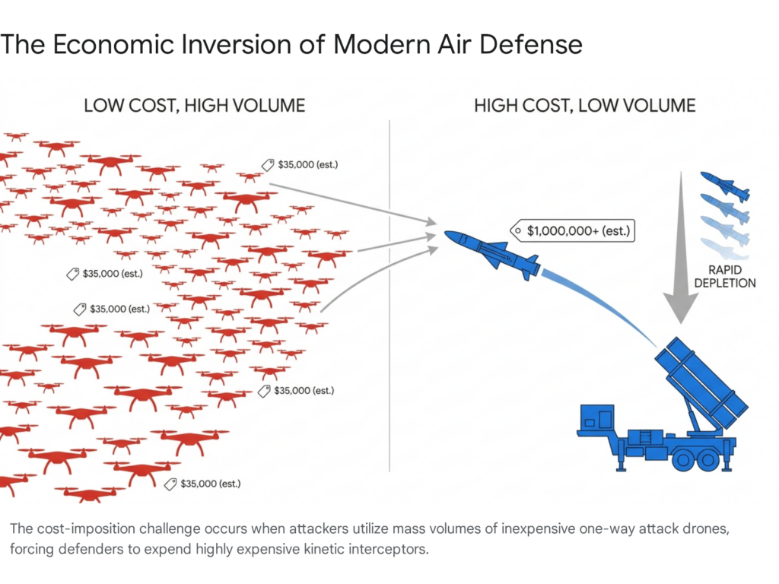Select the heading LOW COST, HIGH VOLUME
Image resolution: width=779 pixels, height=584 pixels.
[x=194, y=105]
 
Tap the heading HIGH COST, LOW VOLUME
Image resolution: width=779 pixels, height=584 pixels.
[x=584, y=105]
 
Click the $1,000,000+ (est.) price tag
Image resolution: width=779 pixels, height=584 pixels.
[x=572, y=229]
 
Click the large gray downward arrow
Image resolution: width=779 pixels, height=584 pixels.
[x=679, y=251]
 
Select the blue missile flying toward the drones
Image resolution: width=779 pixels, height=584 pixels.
[x=492, y=250]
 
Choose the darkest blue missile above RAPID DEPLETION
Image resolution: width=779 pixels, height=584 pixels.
[x=724, y=185]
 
